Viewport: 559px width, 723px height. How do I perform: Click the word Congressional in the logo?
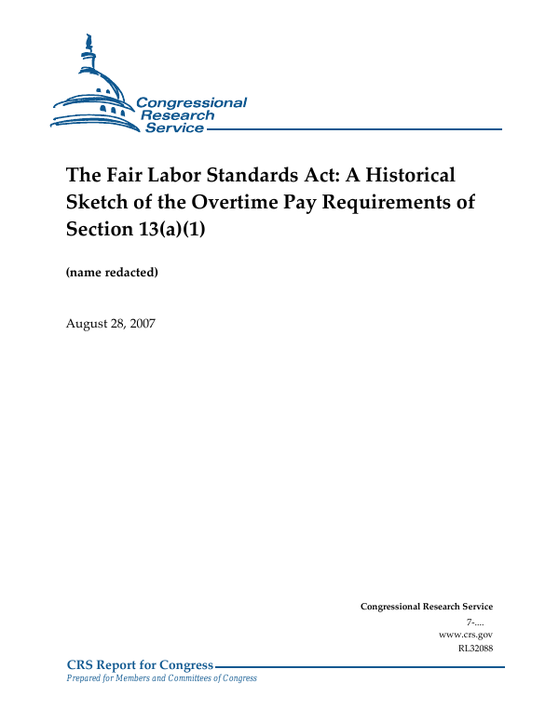pos(191,103)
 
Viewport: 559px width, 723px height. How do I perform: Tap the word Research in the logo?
pos(177,115)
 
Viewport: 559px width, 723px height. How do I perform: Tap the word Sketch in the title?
pos(97,203)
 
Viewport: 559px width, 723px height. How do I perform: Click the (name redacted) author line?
pos(112,273)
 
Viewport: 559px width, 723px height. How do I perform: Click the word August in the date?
pos(88,323)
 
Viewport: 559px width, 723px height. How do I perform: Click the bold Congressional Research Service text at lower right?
pos(426,607)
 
